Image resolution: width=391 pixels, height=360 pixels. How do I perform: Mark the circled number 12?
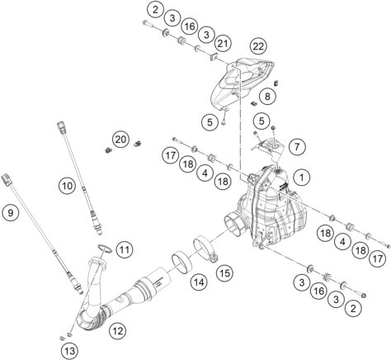(x=117, y=331)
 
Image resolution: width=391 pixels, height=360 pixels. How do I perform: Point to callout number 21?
(x=223, y=42)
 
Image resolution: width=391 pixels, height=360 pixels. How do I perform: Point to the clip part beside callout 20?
(x=108, y=153)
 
